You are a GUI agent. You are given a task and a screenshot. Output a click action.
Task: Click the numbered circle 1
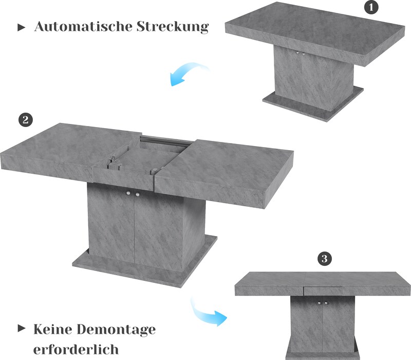[371, 7]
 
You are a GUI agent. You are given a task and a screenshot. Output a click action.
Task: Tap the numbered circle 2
[25, 120]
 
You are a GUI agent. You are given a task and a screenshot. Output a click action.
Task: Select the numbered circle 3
[325, 259]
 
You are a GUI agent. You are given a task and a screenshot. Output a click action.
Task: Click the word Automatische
[83, 26]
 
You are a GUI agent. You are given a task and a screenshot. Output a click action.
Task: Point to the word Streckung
[173, 27]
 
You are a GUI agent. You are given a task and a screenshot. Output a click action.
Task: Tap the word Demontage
[117, 330]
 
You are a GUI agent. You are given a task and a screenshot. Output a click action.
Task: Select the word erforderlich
[76, 349]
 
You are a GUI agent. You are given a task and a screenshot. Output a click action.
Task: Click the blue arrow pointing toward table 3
[207, 314]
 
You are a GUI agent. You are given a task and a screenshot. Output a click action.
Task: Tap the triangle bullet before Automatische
[21, 27]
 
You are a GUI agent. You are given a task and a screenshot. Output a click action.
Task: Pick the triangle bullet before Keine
[22, 328]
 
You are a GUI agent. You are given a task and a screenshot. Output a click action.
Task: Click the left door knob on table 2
[128, 193]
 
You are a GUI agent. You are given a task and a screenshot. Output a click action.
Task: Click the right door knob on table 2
[137, 194]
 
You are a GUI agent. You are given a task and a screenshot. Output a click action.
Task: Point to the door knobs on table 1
[300, 53]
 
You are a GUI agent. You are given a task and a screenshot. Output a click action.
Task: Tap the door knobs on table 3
[323, 303]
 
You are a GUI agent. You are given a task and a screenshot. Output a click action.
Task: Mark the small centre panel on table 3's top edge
[323, 290]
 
